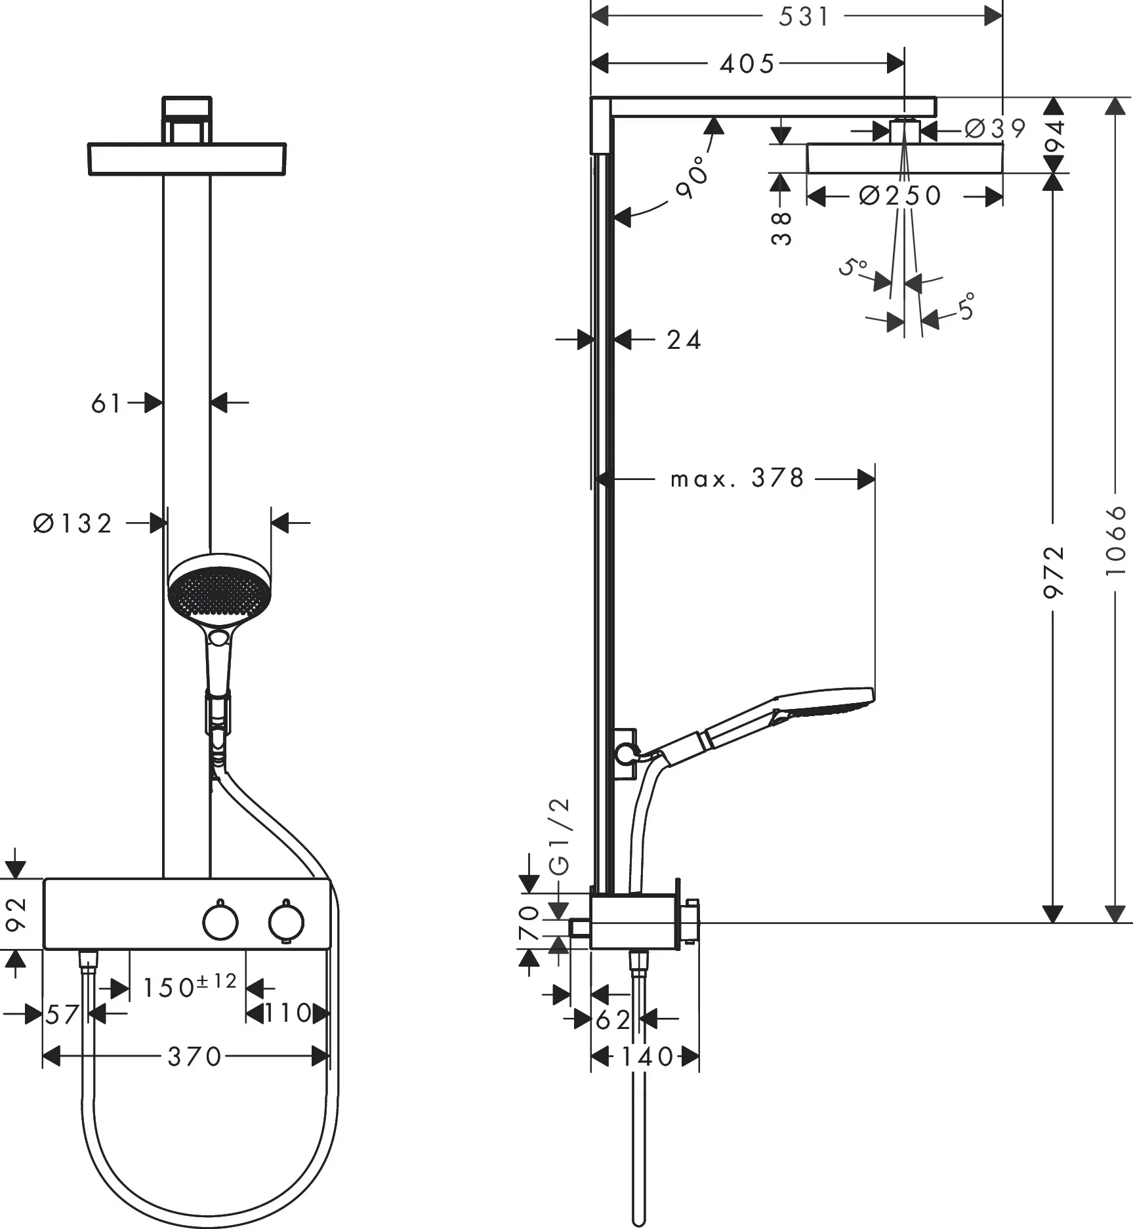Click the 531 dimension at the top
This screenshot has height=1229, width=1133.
pyautogui.click(x=804, y=17)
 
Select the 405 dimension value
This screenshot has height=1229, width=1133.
pyautogui.click(x=747, y=64)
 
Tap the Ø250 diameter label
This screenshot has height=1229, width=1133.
pyautogui.click(x=900, y=195)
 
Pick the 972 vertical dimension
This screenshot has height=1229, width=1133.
pyautogui.click(x=1053, y=571)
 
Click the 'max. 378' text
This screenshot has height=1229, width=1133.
pyautogui.click(x=737, y=479)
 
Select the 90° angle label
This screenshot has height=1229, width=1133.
pyautogui.click(x=692, y=177)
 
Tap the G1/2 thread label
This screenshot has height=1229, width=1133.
pyautogui.click(x=560, y=836)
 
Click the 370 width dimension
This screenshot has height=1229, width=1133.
pyautogui.click(x=195, y=1057)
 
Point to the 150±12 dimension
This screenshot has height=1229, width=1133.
pyautogui.click(x=189, y=986)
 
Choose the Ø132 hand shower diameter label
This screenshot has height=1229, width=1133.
pyautogui.click(x=73, y=523)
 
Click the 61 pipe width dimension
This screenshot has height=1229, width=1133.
pyautogui.click(x=106, y=403)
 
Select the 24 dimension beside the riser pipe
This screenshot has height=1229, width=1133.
pyautogui.click(x=684, y=340)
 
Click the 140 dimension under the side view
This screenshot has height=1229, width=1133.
pyautogui.click(x=646, y=1057)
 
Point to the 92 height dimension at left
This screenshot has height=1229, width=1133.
pyautogui.click(x=16, y=914)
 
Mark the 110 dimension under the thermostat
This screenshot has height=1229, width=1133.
pyautogui.click(x=287, y=1013)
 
